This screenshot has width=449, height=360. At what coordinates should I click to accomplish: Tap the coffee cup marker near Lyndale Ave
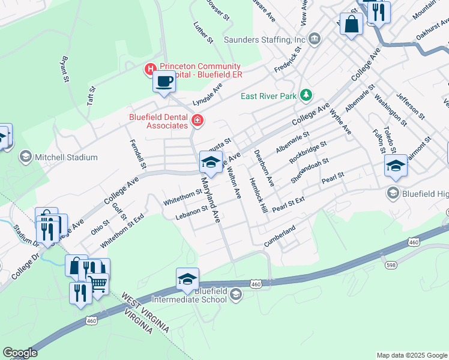tap(164, 82)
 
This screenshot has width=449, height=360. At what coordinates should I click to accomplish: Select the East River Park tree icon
tap(307, 95)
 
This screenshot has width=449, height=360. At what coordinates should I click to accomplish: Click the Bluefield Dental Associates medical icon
tap(196, 122)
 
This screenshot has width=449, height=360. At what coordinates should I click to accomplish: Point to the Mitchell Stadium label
tap(66, 157)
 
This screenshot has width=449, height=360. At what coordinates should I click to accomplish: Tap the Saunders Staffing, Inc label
tap(265, 40)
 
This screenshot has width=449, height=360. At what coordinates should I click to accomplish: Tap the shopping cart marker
tap(98, 283)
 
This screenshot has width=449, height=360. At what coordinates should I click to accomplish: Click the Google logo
tap(20, 353)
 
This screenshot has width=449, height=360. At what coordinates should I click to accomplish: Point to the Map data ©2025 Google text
tap(411, 355)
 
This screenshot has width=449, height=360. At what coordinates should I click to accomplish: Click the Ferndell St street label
tap(133, 153)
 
